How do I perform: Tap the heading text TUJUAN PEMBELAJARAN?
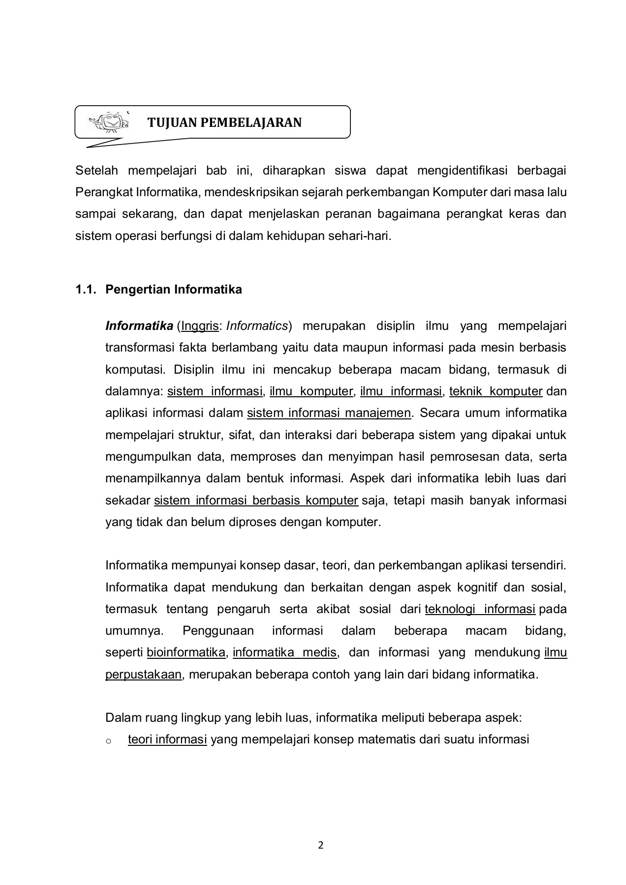point(225,122)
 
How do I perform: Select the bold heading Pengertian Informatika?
point(174,289)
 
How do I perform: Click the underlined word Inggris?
point(200,326)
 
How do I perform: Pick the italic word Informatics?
point(257,326)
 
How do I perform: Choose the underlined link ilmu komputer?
point(311,391)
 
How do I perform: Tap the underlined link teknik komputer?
point(496,391)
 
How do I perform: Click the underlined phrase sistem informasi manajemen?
point(329,413)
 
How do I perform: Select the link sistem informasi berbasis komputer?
point(256,501)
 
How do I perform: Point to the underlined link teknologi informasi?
point(480,609)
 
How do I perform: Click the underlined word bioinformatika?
point(186,653)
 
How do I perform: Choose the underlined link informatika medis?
point(284,653)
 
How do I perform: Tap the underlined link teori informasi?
point(167,739)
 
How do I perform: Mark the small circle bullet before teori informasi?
point(108,740)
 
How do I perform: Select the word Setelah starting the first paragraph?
point(97,171)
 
